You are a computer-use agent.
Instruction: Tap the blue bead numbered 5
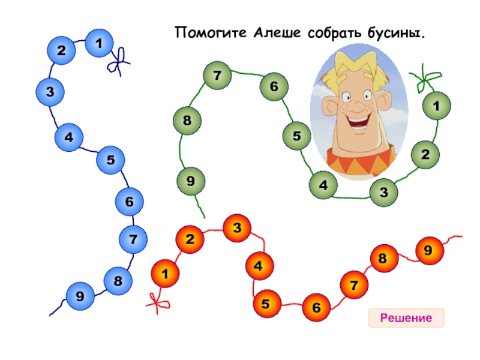(x=110, y=160)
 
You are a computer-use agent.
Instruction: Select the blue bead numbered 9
(x=80, y=296)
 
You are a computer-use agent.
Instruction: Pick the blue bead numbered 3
(x=50, y=92)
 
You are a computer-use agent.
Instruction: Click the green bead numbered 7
(x=217, y=76)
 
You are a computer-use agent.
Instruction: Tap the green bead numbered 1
(x=436, y=106)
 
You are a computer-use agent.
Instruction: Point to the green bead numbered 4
(x=324, y=185)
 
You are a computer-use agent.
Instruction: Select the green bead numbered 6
(x=274, y=87)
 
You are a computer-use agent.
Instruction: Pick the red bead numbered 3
(x=237, y=229)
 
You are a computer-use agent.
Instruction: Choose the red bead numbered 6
(x=316, y=308)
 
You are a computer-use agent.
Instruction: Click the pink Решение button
(x=406, y=318)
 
